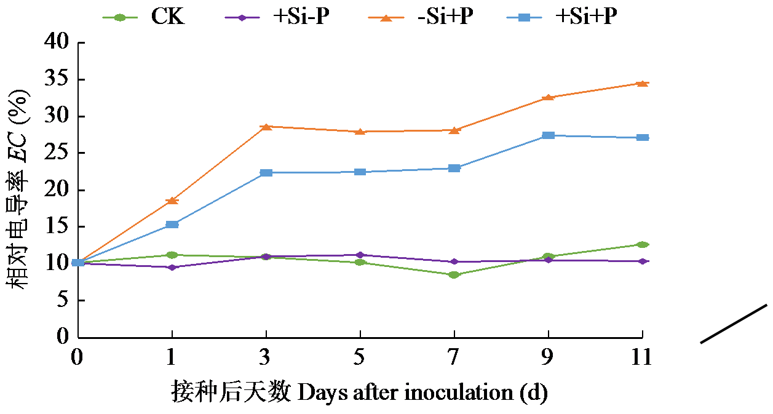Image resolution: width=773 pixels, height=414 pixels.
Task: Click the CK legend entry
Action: (167, 17)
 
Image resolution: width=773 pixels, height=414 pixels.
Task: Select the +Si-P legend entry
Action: (300, 17)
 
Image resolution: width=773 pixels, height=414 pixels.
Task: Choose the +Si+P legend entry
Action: (585, 17)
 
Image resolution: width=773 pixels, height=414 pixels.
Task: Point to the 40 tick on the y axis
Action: (58, 43)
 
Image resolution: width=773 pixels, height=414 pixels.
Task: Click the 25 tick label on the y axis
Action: (58, 153)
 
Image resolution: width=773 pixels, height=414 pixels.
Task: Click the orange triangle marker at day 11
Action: (642, 83)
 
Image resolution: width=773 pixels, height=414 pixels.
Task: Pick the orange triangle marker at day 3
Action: (266, 127)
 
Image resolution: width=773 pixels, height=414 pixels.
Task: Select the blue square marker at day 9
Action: (548, 135)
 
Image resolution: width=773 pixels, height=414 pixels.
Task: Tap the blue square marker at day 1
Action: (172, 225)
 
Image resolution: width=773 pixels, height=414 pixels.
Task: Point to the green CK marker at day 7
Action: (454, 275)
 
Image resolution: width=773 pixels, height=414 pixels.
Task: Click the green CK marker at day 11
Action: (642, 245)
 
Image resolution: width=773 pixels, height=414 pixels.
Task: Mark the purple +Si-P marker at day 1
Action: (172, 268)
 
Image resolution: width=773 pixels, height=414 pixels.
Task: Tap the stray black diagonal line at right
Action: (734, 324)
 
